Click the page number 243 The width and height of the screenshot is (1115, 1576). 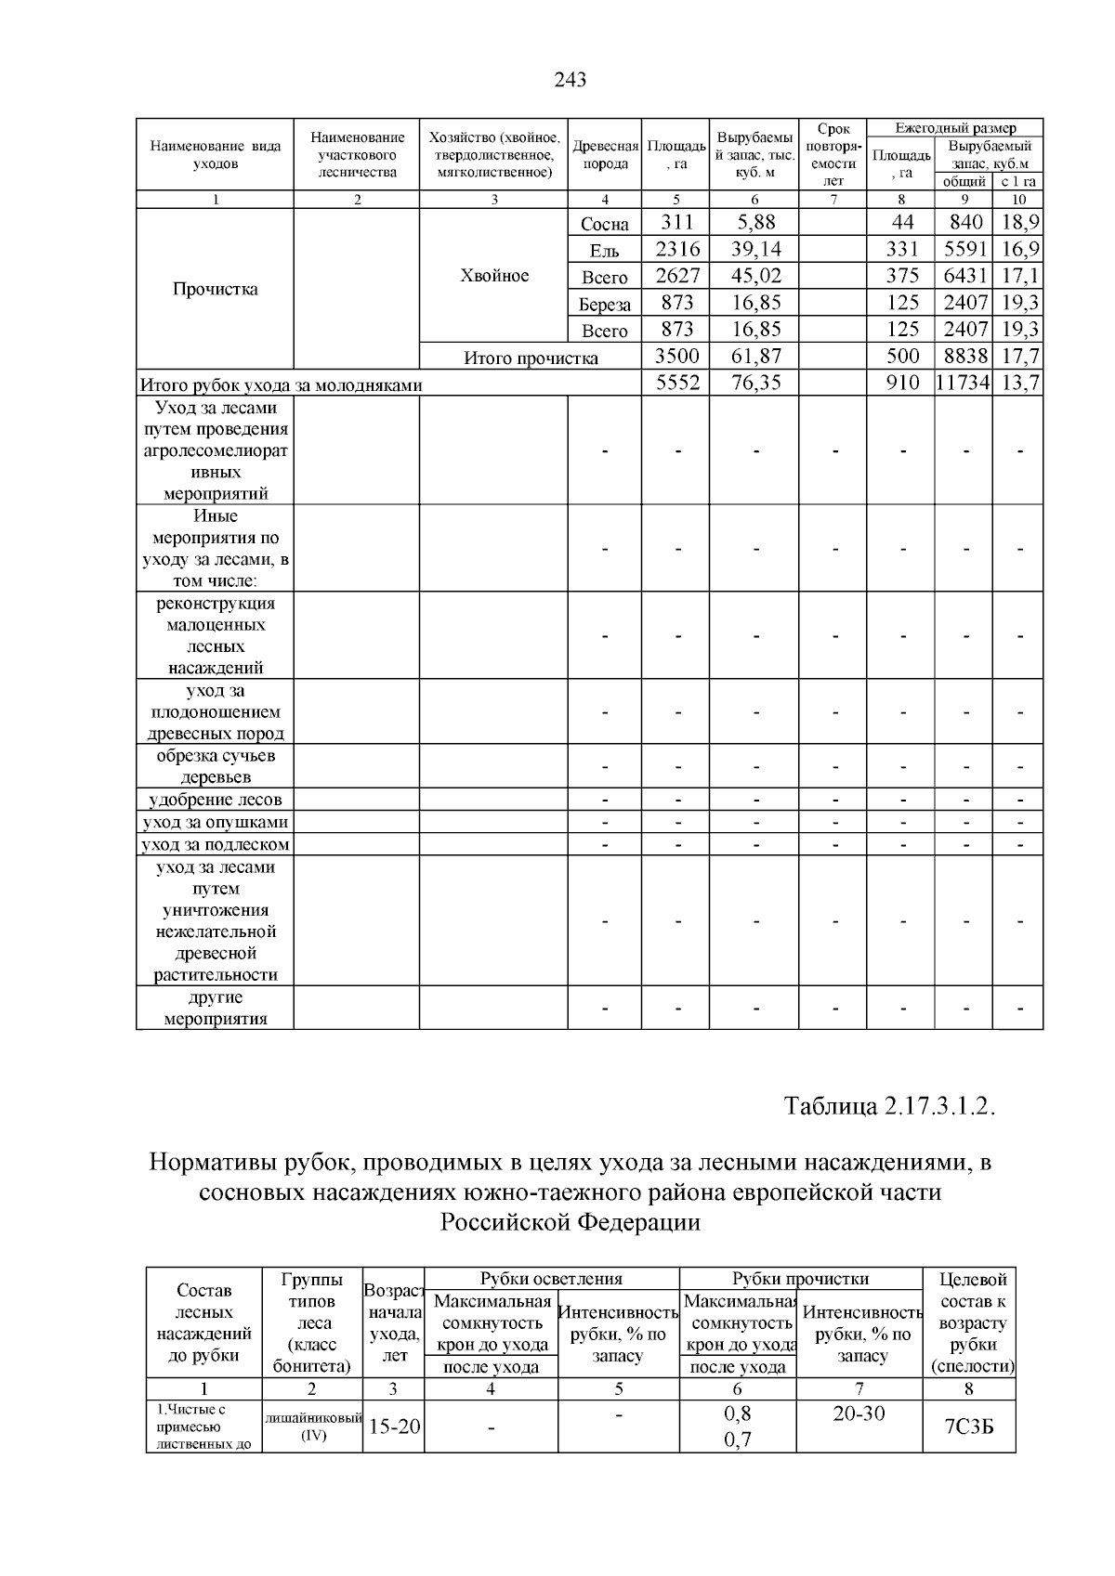pos(570,80)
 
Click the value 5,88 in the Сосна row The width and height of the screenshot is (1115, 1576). pos(754,222)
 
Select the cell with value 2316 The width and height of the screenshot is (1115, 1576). pos(676,249)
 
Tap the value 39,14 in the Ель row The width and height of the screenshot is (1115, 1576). pos(754,249)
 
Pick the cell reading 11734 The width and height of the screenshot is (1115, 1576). pos(963,383)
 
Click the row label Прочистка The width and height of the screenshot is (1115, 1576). pos(216,289)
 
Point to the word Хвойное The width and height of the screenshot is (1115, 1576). pos(494,276)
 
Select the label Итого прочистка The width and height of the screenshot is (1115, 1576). pos(531,358)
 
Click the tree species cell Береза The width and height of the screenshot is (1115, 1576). pos(605,304)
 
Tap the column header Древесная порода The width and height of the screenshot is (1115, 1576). pos(605,155)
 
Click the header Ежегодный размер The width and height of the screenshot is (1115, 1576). pos(955,128)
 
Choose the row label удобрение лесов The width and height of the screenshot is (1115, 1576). pos(216,800)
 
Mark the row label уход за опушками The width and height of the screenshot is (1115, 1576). pos(216,822)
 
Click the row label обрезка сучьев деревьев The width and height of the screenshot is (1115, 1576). pos(216,766)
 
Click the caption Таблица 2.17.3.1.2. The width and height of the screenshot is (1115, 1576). pos(890,1107)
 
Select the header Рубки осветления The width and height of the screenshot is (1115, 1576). pos(551,1279)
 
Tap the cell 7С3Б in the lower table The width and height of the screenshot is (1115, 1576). pos(969,1427)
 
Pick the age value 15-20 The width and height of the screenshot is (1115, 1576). pos(394,1426)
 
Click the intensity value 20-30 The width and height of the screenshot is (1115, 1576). pos(859,1414)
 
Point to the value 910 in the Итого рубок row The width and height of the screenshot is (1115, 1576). pos(901,383)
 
